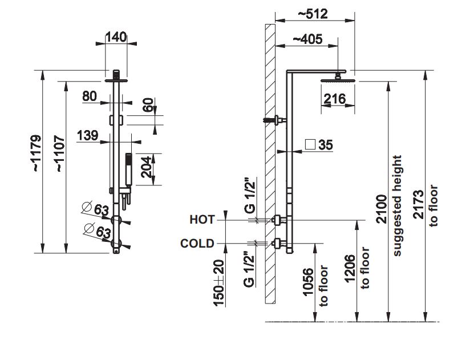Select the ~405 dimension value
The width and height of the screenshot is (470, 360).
tap(307, 39)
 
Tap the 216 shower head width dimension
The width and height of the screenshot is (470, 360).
tap(334, 99)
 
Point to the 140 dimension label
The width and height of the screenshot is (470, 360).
tap(115, 37)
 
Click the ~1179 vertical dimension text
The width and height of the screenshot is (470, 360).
tap(36, 153)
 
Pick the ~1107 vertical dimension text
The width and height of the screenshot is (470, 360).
tap(60, 153)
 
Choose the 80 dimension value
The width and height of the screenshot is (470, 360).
tap(90, 96)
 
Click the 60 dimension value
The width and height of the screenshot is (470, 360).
tap(148, 106)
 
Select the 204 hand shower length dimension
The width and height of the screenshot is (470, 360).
tap(147, 168)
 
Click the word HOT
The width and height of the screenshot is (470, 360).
tap(202, 219)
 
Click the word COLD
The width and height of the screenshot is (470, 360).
tap(197, 244)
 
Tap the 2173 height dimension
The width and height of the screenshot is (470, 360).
tap(418, 205)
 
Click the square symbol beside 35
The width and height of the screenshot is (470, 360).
tap(310, 144)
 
